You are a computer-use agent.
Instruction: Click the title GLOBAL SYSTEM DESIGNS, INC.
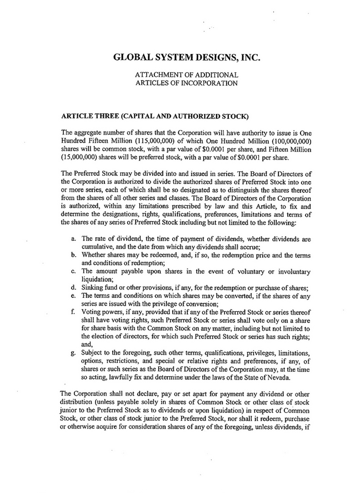[186, 57]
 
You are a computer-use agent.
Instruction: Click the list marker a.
[74, 238]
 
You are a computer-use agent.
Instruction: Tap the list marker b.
[74, 254]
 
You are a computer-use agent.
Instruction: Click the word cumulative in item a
[99, 246]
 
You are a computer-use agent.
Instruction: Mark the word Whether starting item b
[96, 254]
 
